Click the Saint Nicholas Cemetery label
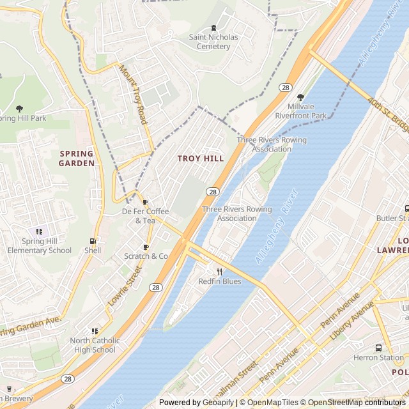tap(213, 42)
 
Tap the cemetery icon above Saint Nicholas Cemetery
tap(213, 27)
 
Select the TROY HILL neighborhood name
tap(201, 158)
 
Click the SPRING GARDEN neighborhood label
tap(77, 158)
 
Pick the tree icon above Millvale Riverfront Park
tap(300, 97)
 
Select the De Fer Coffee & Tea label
tap(146, 216)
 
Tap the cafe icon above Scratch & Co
tap(146, 247)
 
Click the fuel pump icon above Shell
tap(93, 242)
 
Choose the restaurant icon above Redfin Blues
tap(219, 272)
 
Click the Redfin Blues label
tap(219, 281)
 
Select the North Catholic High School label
tap(93, 345)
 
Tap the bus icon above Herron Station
tap(378, 348)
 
